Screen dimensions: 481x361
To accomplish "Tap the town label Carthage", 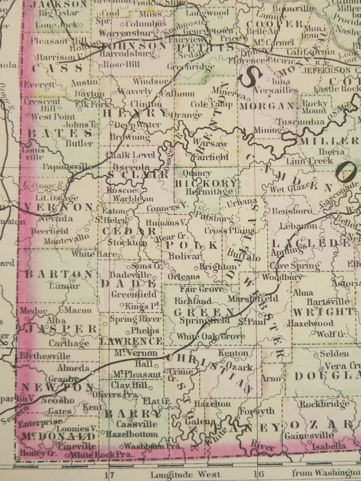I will pyautogui.click(x=69, y=343).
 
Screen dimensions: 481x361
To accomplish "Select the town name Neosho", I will pyautogui.click(x=57, y=400).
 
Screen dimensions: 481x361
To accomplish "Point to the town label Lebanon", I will pyautogui.click(x=298, y=226).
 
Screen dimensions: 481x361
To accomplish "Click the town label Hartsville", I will pyautogui.click(x=328, y=302).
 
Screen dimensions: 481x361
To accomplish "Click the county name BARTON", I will pyautogui.click(x=59, y=274).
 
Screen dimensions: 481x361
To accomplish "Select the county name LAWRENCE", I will pyautogui.click(x=131, y=341).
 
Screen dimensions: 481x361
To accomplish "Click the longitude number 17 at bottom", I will pyautogui.click(x=109, y=474).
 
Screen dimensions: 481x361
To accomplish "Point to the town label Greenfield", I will pyautogui.click(x=134, y=294).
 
